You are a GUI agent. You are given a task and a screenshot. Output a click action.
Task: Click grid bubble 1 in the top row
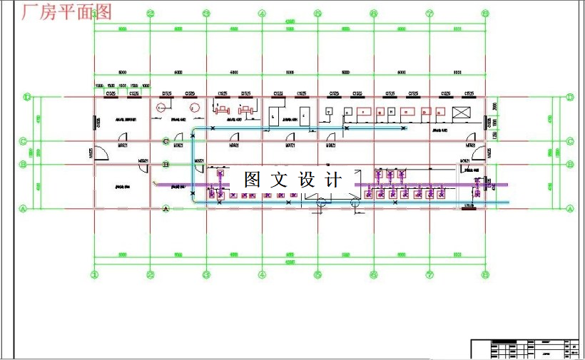coord(94,14)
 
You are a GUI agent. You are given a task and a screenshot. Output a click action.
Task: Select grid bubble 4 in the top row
coord(262,14)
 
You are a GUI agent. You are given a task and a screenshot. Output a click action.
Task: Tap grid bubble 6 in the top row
coord(373,14)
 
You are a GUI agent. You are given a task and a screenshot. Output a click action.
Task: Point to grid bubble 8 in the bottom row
coord(484,274)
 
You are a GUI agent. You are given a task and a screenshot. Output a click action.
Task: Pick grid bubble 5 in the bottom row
coord(317,274)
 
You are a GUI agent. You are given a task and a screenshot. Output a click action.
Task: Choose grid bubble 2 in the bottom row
coord(150,274)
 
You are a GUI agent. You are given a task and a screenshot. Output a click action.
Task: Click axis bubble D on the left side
coord(26,97)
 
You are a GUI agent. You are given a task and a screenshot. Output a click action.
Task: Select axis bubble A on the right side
coord(570,208)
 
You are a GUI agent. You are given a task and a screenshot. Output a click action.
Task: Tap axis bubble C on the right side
coord(570,141)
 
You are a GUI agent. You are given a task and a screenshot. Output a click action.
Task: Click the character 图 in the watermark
coord(252,179)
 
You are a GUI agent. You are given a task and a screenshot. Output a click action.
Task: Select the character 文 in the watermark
coord(279,179)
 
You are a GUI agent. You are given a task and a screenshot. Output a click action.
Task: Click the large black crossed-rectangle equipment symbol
coord(461,113)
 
